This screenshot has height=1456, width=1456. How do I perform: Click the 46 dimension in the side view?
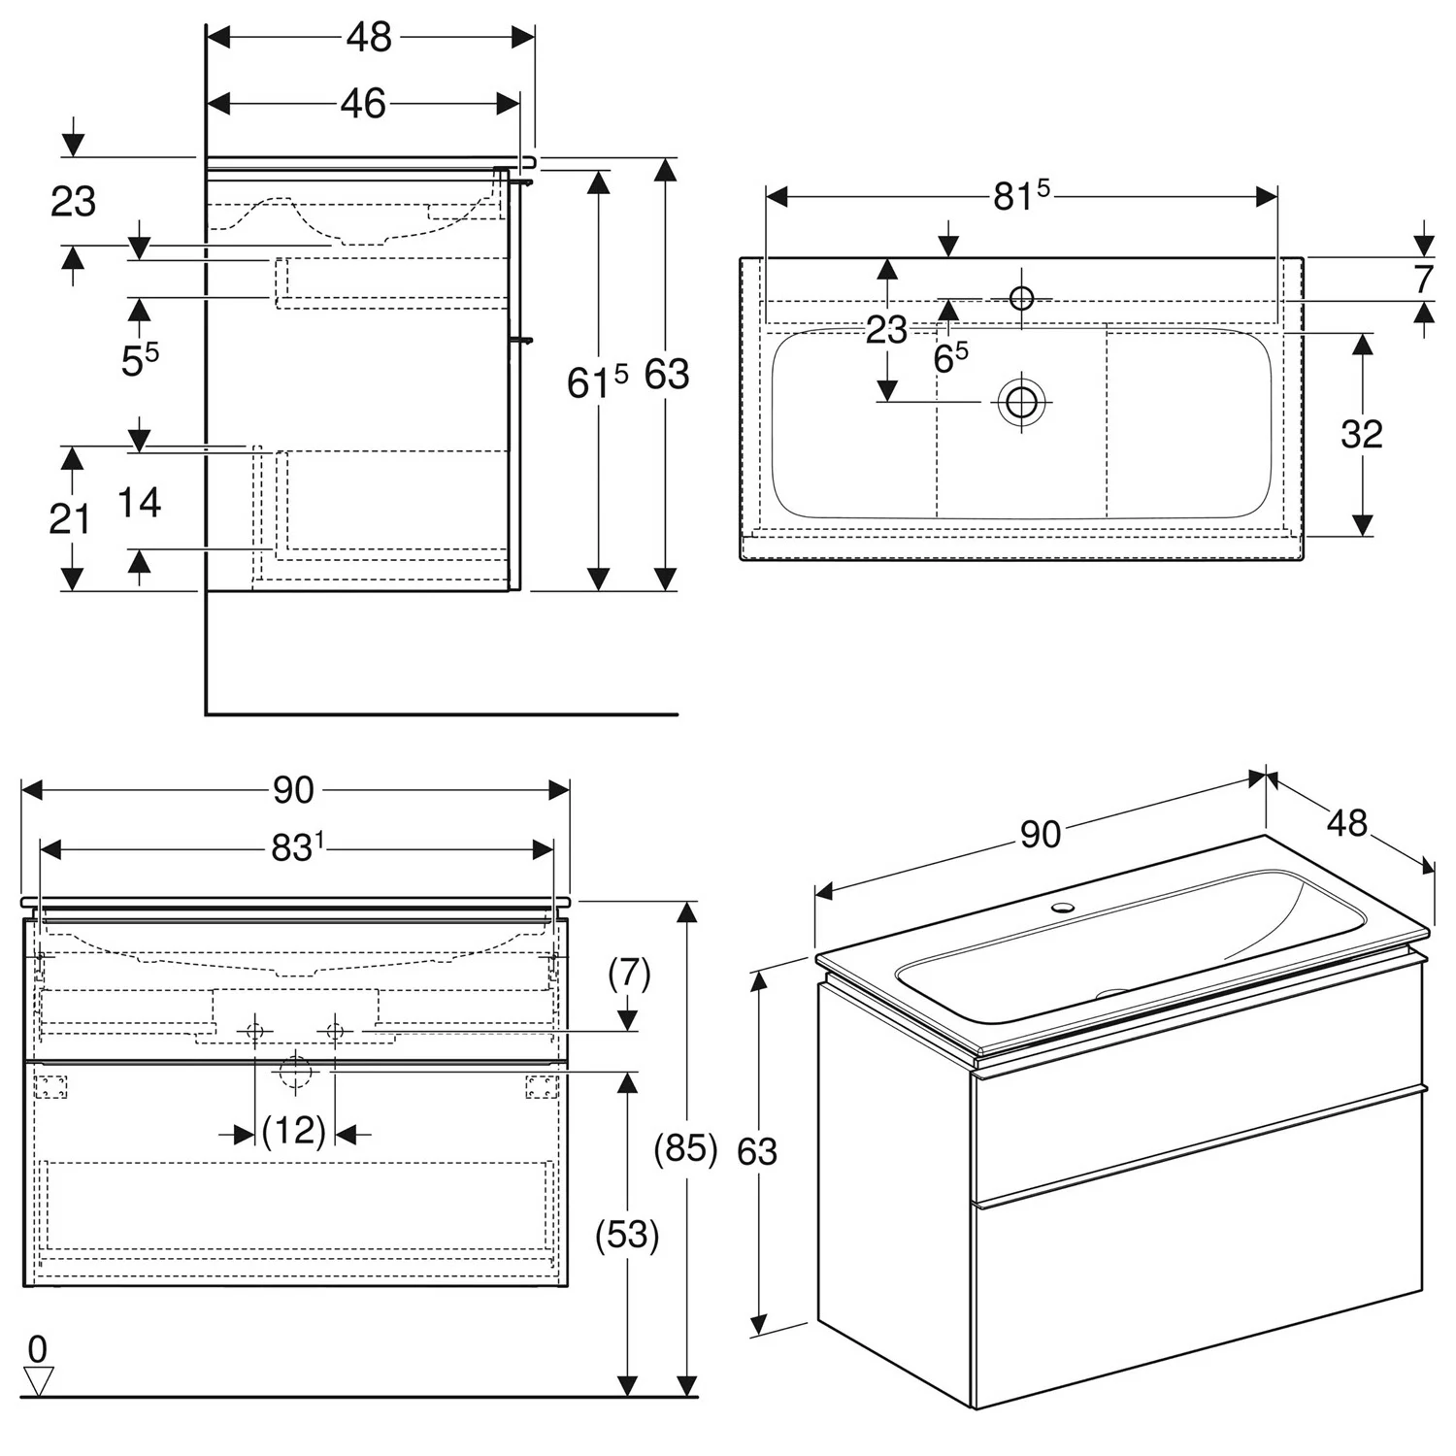click(363, 104)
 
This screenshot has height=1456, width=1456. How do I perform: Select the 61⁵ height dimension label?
click(597, 381)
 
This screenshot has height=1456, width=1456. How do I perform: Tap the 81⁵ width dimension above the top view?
click(1020, 196)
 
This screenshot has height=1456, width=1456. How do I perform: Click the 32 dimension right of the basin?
click(1361, 434)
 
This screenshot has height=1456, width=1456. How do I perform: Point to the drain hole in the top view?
click(1021, 401)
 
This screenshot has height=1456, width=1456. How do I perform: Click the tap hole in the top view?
click(1021, 297)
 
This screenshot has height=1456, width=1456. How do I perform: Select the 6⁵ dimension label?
click(950, 358)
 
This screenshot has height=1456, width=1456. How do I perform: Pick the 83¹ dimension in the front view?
click(296, 848)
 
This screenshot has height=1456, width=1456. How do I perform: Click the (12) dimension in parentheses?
click(293, 1132)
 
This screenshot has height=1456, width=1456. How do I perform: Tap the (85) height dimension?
click(685, 1148)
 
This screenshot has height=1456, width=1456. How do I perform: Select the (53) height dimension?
click(627, 1235)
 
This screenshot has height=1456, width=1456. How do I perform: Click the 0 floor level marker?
click(37, 1348)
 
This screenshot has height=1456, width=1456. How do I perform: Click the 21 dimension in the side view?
click(69, 519)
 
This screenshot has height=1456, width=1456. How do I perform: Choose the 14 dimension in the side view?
click(139, 503)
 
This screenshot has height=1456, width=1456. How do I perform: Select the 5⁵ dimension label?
click(140, 360)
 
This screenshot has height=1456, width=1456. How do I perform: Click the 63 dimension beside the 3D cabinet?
click(757, 1151)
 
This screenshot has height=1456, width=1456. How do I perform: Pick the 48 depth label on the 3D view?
click(1346, 823)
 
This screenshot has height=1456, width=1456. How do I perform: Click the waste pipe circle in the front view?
click(295, 1072)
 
